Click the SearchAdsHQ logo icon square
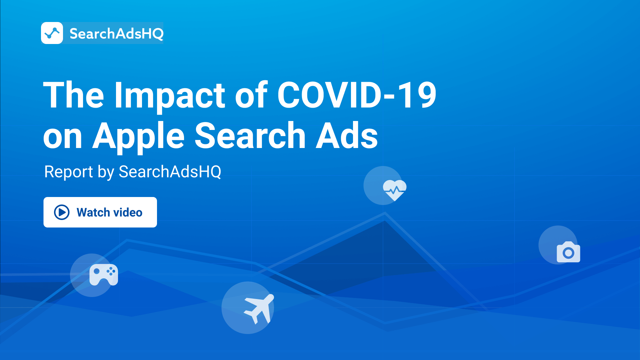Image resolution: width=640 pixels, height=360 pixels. click(x=52, y=33)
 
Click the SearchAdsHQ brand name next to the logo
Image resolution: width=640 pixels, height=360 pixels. click(x=117, y=34)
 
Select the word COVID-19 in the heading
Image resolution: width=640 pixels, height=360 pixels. click(x=357, y=95)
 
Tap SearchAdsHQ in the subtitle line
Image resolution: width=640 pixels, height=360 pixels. click(x=170, y=172)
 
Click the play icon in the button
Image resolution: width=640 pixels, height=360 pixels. click(x=62, y=212)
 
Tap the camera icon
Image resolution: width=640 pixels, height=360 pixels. click(x=568, y=252)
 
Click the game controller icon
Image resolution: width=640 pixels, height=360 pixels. click(x=104, y=275)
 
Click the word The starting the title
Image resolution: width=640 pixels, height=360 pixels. click(x=74, y=95)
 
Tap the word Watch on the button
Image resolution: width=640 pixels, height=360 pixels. click(x=93, y=212)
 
